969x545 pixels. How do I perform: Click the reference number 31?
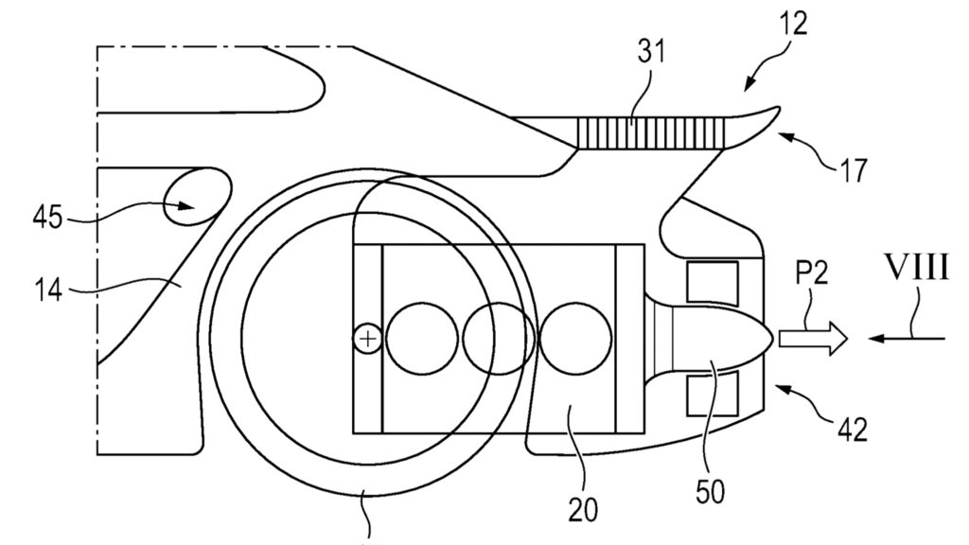[x=651, y=51]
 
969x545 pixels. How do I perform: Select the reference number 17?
[x=854, y=170]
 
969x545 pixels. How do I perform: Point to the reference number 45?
[x=47, y=218]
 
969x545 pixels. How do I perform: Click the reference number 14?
[x=47, y=290]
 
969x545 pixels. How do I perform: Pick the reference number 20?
[x=583, y=510]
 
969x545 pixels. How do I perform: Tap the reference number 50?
[x=710, y=492]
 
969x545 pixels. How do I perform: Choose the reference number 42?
[x=853, y=429]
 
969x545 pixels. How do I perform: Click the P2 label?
[x=811, y=272]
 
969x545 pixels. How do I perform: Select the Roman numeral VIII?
[x=917, y=268]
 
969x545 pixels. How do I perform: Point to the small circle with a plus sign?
[x=368, y=340]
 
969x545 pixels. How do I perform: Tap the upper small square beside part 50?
[x=713, y=283]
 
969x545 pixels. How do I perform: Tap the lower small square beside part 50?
[x=713, y=393]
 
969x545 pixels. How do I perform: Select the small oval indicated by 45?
[x=197, y=198]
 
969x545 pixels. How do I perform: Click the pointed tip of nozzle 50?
[x=773, y=338]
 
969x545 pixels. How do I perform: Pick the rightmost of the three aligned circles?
[x=575, y=339]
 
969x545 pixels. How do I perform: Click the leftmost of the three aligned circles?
[x=422, y=339]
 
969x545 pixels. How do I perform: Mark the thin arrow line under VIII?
[x=906, y=338]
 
